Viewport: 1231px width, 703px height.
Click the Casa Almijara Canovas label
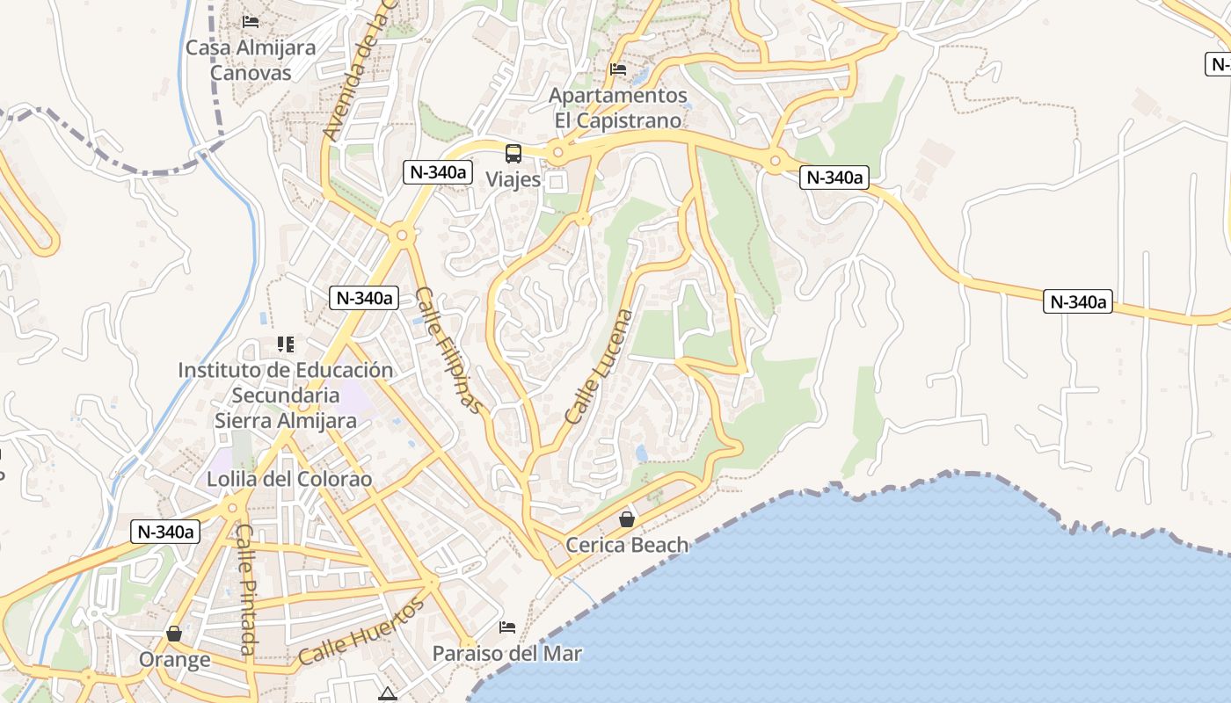click(x=250, y=60)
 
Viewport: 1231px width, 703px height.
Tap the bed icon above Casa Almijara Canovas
click(x=251, y=21)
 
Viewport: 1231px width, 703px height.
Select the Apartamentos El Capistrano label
click(x=617, y=107)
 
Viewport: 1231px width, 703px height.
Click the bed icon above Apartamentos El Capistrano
click(x=618, y=69)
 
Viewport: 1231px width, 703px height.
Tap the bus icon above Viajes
click(x=514, y=154)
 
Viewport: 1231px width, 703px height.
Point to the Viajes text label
click(x=514, y=179)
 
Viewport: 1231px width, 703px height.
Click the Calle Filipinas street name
click(x=448, y=350)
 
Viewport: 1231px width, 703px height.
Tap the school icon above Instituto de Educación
click(x=285, y=344)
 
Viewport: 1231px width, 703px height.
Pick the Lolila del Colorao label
click(x=289, y=480)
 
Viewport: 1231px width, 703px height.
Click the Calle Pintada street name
click(x=247, y=591)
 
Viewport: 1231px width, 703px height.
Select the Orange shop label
click(x=174, y=659)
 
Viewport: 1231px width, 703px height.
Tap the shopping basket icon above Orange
click(x=174, y=633)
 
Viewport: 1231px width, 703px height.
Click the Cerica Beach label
click(x=627, y=545)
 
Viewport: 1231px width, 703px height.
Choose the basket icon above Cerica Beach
click(x=626, y=519)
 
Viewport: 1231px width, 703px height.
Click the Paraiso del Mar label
click(x=507, y=654)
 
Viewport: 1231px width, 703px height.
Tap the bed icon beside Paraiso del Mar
click(x=507, y=627)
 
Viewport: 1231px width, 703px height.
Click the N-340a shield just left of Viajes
click(x=437, y=172)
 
